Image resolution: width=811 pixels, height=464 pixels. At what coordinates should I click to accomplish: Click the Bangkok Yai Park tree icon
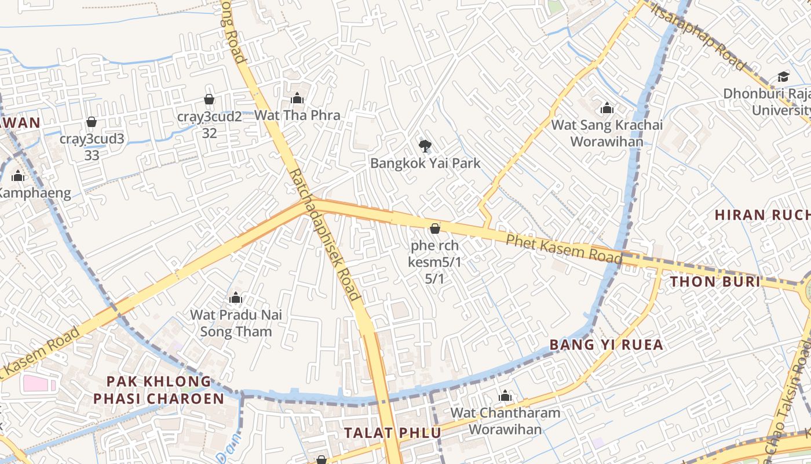point(425,146)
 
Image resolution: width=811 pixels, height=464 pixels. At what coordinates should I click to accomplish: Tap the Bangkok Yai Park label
point(425,164)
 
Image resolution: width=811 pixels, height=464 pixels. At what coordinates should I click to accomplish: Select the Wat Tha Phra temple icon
point(297,98)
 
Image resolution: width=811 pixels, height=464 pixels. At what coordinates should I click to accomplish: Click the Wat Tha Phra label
point(297,115)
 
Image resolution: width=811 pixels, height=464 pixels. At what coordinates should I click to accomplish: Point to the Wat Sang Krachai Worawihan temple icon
point(607,108)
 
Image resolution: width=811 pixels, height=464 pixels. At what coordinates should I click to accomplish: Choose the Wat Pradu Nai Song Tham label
point(236,324)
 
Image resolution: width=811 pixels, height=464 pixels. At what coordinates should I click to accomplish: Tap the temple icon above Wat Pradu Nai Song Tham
point(236,298)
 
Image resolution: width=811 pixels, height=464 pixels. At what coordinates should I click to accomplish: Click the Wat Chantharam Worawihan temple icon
point(505,396)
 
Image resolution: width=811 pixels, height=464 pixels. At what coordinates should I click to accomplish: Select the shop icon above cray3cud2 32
point(209,99)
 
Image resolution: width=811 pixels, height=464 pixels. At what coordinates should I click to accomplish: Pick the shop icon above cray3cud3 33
point(91,122)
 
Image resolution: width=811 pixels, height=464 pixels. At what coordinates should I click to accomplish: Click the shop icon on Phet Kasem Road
point(434,229)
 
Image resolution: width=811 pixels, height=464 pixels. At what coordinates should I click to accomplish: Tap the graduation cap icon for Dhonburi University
point(783,77)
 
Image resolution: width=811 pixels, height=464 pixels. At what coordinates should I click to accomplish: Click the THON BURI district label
point(715,282)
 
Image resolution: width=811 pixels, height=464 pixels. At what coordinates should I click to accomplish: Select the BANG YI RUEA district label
point(606,345)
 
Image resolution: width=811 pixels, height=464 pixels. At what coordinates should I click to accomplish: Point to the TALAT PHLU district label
point(392,433)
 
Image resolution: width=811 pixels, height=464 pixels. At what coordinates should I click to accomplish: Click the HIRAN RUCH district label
point(762,215)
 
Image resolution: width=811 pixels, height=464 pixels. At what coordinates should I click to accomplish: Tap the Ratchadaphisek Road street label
point(325,234)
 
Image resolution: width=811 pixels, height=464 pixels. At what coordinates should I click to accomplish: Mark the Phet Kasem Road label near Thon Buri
point(564,248)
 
